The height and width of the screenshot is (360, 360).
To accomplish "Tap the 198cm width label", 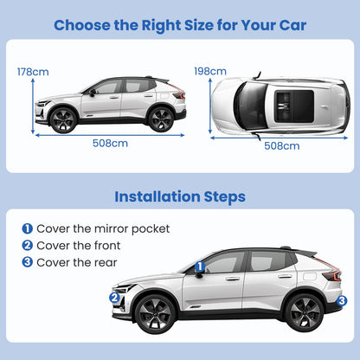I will [210, 70].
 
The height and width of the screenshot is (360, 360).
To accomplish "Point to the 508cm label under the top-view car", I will [282, 145].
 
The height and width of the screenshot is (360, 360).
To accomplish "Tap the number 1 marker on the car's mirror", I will [199, 267].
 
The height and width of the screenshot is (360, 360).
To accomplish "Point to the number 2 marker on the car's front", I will [114, 297].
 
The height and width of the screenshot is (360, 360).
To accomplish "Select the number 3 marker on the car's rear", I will [342, 300].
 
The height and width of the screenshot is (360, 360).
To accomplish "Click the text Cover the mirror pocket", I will [103, 229].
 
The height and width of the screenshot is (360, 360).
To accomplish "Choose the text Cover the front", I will [80, 246].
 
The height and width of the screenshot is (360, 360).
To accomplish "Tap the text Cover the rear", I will [77, 262].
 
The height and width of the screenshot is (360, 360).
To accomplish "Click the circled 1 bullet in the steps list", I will [27, 229].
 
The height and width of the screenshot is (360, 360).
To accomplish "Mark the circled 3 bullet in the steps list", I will [27, 262].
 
